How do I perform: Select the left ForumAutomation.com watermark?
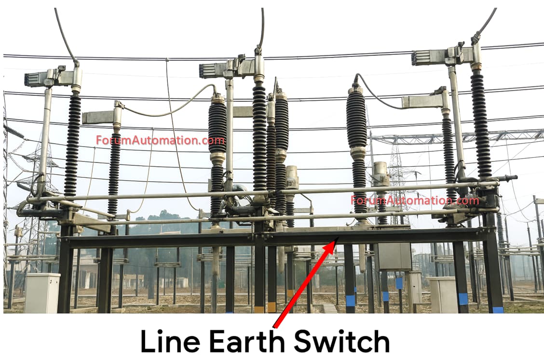(160, 141)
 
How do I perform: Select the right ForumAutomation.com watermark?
(415, 200)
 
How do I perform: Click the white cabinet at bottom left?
(42, 293)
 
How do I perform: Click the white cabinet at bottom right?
(443, 294)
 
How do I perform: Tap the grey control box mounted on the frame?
(394, 255)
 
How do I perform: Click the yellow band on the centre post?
(259, 307)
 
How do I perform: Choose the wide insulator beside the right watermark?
(357, 120)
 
